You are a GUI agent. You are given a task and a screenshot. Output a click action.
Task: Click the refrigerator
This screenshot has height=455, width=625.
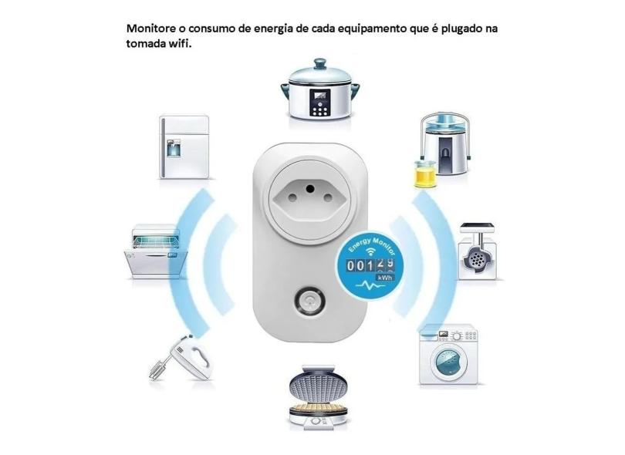(x=184, y=147)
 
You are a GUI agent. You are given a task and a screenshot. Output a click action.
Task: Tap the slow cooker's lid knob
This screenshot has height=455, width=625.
(x=319, y=63)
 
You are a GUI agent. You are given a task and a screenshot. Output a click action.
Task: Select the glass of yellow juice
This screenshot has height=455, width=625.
(x=425, y=174)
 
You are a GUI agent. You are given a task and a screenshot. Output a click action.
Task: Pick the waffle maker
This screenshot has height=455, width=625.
(x=318, y=397)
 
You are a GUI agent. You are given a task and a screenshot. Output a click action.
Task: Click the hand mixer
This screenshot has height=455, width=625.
(x=181, y=358)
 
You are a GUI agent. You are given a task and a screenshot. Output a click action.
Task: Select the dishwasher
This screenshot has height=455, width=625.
(x=155, y=251)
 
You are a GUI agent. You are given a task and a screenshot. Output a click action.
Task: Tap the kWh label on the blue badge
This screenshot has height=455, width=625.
(x=385, y=278)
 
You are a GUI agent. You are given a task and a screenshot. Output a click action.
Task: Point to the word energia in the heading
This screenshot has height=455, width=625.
(x=272, y=29)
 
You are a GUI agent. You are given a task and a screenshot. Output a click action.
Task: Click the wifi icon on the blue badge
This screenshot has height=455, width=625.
(x=371, y=251)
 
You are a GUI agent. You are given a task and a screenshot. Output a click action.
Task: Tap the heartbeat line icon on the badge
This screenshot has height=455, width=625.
(x=369, y=285)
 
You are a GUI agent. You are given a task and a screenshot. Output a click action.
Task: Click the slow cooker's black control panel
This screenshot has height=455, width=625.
(x=320, y=103)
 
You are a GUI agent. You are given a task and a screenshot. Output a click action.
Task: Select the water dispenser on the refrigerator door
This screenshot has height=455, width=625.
(x=174, y=148)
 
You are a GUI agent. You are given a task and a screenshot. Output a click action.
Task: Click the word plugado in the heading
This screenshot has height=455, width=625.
(x=462, y=29)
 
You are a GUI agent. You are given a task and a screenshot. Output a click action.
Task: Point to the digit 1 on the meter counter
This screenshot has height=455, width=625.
(x=370, y=265)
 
